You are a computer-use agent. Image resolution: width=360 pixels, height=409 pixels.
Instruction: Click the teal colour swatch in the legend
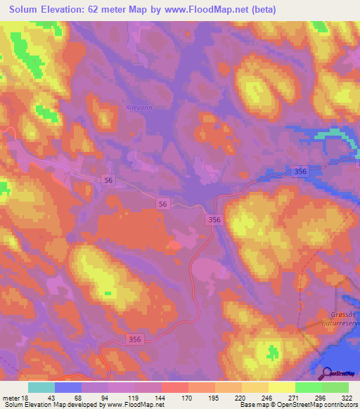click(41, 387)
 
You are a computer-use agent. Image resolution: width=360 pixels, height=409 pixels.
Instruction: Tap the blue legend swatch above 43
click(68, 387)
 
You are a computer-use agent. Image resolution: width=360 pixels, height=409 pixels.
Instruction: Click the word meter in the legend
click(11, 397)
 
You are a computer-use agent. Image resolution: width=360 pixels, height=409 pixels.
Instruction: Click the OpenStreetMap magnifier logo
click(327, 374)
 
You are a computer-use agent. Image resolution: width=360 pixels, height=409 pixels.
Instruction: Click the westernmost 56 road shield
click(109, 181)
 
